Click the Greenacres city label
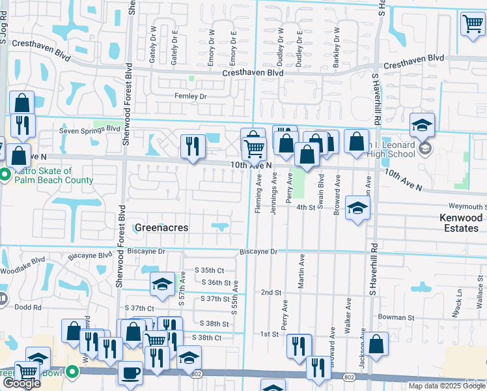(161, 227)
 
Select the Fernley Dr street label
(190, 96)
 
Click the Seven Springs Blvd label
(90, 130)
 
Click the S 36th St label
(216, 282)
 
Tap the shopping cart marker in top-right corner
(473, 24)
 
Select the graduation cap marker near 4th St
(357, 208)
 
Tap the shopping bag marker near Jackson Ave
(376, 344)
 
